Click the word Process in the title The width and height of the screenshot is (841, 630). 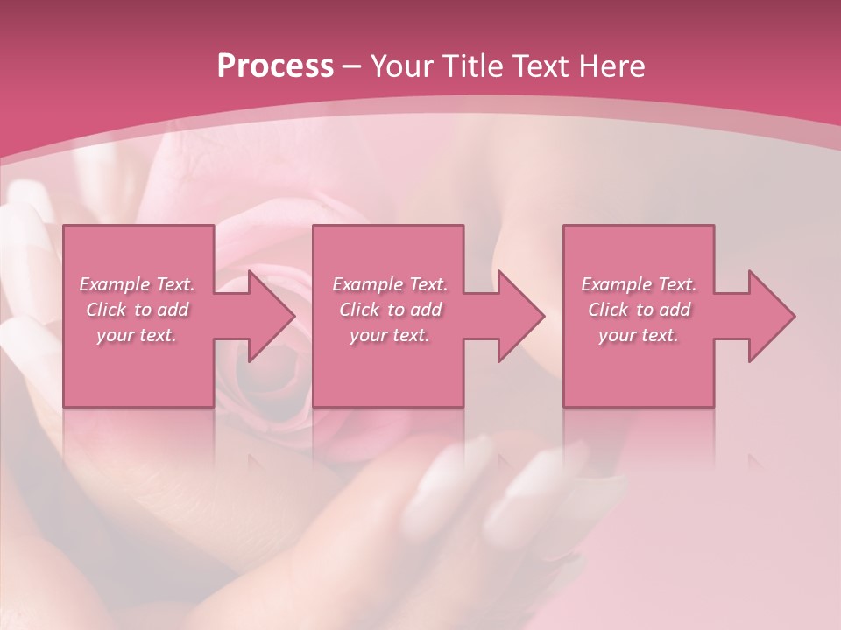(275, 66)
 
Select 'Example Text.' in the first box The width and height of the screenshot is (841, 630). (138, 284)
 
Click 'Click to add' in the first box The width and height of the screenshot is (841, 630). (138, 310)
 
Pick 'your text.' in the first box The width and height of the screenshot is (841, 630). (138, 335)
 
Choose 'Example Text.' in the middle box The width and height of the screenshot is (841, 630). (390, 284)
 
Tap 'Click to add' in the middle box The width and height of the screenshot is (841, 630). (390, 310)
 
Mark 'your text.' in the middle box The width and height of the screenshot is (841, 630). (390, 335)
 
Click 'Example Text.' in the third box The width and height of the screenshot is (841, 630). (639, 284)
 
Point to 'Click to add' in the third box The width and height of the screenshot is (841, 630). (639, 310)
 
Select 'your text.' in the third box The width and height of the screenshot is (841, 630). (639, 335)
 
